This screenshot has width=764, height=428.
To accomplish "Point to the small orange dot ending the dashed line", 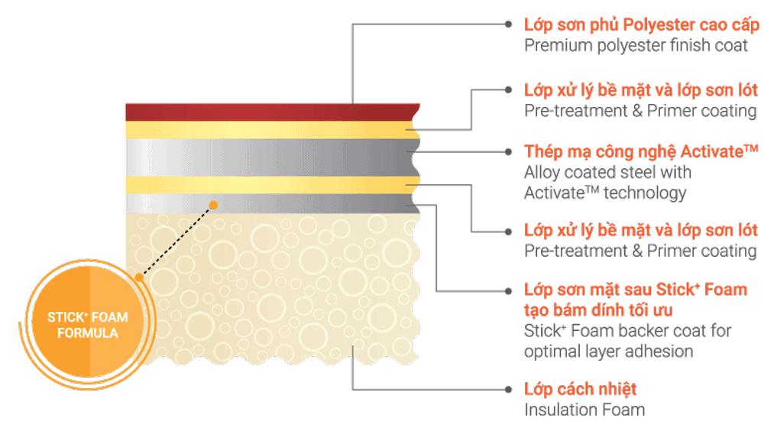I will click(x=214, y=205).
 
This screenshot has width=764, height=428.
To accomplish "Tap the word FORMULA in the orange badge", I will click(x=89, y=333).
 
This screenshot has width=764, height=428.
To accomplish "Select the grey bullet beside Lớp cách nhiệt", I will click(x=509, y=389).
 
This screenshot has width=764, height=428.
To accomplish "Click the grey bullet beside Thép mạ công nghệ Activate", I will click(x=509, y=152).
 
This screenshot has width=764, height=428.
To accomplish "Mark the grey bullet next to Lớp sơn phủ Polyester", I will click(x=509, y=24).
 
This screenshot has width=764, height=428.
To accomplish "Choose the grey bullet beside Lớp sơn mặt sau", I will click(x=509, y=290).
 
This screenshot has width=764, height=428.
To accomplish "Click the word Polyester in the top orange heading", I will click(x=658, y=24).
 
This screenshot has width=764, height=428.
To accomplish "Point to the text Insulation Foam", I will click(x=584, y=410).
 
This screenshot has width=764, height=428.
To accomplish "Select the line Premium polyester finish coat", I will click(x=636, y=45).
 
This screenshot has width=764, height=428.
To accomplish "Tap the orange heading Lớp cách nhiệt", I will click(x=581, y=389).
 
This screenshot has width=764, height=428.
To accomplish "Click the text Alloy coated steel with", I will click(x=607, y=173).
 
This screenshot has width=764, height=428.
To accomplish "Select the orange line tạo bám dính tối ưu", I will click(x=599, y=310).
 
